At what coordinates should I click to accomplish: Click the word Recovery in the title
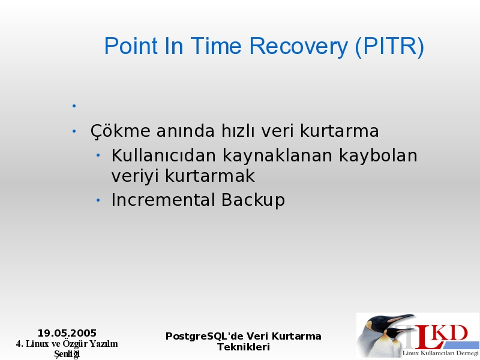(x=298, y=46)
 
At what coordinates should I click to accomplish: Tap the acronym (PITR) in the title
(x=389, y=46)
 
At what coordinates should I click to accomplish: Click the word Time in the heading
(x=216, y=46)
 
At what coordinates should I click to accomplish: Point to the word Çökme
(x=121, y=131)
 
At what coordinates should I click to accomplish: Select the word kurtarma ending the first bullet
(x=339, y=131)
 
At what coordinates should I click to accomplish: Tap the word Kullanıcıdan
(x=164, y=155)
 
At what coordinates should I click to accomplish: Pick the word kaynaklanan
(x=277, y=156)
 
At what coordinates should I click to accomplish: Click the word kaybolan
(x=378, y=156)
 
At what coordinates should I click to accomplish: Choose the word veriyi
(x=134, y=176)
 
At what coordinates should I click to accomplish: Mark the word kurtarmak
(x=209, y=176)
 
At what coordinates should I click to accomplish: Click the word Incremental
(x=163, y=200)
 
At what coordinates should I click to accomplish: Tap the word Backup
(x=253, y=200)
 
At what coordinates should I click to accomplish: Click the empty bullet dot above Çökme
(x=74, y=106)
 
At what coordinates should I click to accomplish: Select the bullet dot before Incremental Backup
(x=98, y=200)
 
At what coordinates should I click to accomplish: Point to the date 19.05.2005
(x=67, y=333)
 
